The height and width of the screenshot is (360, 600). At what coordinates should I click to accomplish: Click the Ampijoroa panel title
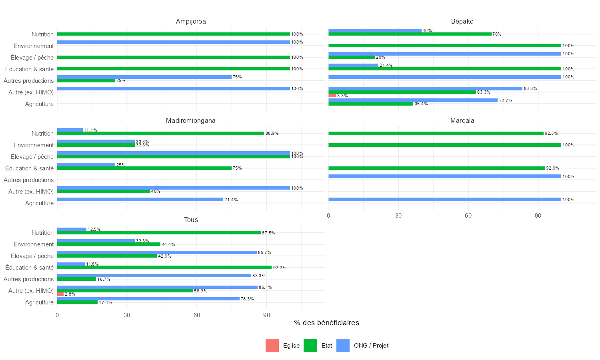191,22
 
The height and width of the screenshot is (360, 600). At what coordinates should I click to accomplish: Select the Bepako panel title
462,22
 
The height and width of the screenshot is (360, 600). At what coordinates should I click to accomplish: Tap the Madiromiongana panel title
191,121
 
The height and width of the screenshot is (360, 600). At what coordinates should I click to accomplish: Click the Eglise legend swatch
272,346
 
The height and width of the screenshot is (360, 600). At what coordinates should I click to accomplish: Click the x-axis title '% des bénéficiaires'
326,323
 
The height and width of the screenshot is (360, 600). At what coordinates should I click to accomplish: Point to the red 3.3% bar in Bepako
332,96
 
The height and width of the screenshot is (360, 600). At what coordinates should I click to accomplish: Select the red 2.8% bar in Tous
60,294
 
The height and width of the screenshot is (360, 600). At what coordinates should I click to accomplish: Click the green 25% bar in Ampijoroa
86,81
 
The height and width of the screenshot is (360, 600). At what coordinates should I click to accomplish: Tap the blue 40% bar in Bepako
375,31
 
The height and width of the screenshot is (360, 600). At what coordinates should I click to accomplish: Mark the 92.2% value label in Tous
280,268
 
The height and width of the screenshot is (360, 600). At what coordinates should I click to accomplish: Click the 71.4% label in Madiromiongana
231,200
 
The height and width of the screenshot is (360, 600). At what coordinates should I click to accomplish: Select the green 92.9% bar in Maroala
436,168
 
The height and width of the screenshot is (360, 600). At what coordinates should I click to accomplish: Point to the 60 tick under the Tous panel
197,316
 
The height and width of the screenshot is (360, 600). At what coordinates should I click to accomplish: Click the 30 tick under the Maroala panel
398,216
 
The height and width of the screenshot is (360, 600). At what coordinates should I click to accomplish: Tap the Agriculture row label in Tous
39,302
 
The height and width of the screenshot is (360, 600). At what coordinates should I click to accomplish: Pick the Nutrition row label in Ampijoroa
42,34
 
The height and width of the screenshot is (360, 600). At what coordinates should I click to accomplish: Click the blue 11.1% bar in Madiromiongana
70,130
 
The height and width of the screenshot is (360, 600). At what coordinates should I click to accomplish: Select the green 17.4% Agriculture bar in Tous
77,302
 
